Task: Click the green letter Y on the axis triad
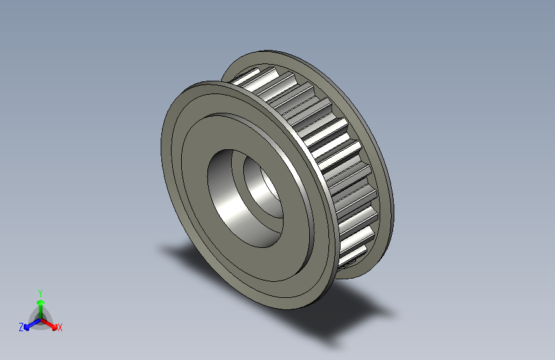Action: pyautogui.click(x=40, y=291)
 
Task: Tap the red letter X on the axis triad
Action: pyautogui.click(x=60, y=327)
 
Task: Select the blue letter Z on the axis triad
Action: pyautogui.click(x=21, y=327)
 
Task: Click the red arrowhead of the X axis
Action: pyautogui.click(x=54, y=325)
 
